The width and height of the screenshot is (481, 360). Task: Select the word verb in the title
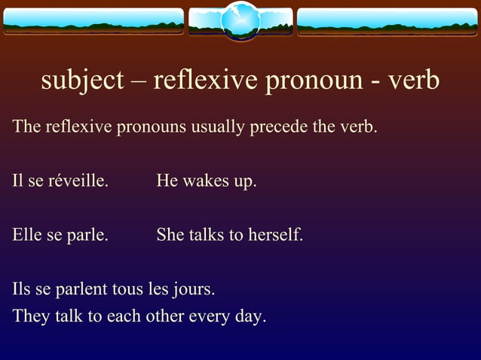(412, 80)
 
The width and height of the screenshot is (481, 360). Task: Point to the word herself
(274, 235)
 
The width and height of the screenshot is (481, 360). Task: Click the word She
(170, 235)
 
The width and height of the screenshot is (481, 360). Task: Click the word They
(30, 316)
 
